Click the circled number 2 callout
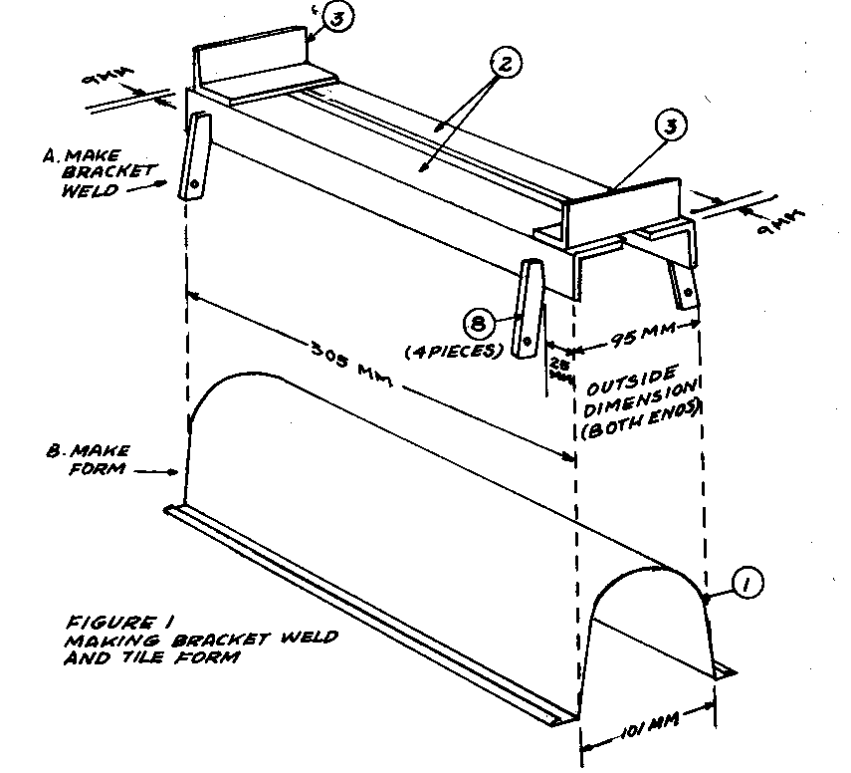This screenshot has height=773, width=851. pos(506,65)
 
